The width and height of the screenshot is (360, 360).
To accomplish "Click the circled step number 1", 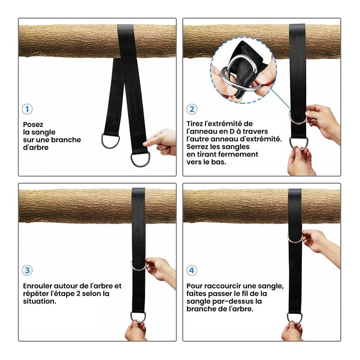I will pyautogui.click(x=27, y=109).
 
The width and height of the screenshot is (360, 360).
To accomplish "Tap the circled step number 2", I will pyautogui.click(x=192, y=109).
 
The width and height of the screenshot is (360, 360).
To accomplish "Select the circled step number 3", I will pyautogui.click(x=27, y=270).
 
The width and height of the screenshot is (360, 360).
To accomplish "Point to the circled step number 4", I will pyautogui.click(x=192, y=270).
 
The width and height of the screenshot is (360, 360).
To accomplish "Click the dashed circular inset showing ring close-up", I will pyautogui.click(x=243, y=72).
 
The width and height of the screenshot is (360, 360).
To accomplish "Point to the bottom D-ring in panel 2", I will pyautogui.click(x=298, y=143).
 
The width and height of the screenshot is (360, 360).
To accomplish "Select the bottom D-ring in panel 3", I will pyautogui.click(x=138, y=316).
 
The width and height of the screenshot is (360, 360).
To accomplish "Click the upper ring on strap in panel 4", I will pyautogui.click(x=295, y=238).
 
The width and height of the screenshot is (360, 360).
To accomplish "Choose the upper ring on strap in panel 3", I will pyautogui.click(x=138, y=265).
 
